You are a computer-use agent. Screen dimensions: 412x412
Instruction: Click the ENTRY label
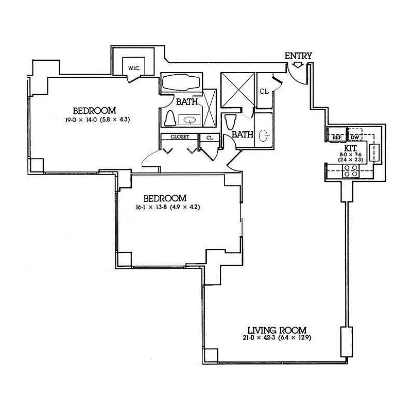tap(298, 56)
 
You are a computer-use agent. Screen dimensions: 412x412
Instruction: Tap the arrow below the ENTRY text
tap(298, 65)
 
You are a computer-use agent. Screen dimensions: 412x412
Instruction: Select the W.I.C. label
tap(134, 69)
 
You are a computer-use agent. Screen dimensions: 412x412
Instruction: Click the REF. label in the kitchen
tap(337, 138)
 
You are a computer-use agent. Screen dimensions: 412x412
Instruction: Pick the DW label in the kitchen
tap(355, 138)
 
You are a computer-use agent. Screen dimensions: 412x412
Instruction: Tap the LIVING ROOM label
tap(277, 330)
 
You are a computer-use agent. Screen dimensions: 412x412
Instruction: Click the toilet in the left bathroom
tap(170, 119)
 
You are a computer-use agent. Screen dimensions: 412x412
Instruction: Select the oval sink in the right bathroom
tap(264, 136)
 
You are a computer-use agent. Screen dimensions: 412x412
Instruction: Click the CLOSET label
tap(180, 137)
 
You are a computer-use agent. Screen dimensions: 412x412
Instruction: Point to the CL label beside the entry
tap(264, 92)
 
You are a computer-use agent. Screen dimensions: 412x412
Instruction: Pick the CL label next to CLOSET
tap(210, 138)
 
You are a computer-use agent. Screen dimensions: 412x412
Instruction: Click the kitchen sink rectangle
tap(376, 152)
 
